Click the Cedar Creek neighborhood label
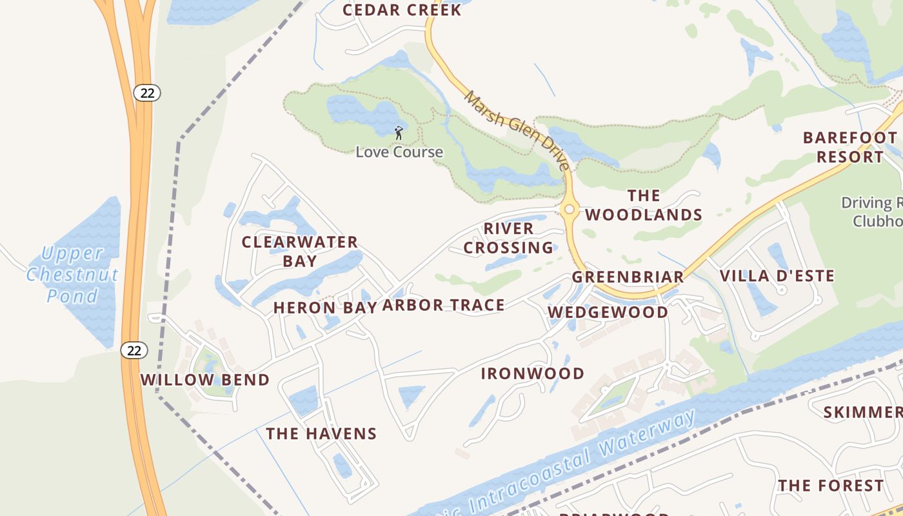pyautogui.click(x=402, y=10)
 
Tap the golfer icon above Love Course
pyautogui.click(x=399, y=134)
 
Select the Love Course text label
pyautogui.click(x=399, y=152)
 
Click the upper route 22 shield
pyautogui.click(x=147, y=93)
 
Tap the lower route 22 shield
pyautogui.click(x=134, y=350)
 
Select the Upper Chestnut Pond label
pyautogui.click(x=72, y=274)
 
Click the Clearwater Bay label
pyautogui.click(x=300, y=251)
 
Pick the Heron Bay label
pyautogui.click(x=324, y=308)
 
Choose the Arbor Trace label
pyautogui.click(x=443, y=305)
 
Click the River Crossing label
pyautogui.click(x=508, y=238)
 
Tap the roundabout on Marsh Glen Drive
pyautogui.click(x=569, y=209)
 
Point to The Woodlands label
pyautogui.click(x=644, y=205)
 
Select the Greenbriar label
pyautogui.click(x=628, y=277)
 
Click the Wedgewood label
pyautogui.click(x=608, y=312)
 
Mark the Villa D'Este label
pyautogui.click(x=777, y=276)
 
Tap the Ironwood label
pyautogui.click(x=533, y=373)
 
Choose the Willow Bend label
pyautogui.click(x=204, y=379)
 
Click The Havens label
pyautogui.click(x=321, y=433)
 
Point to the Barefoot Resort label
pyautogui.click(x=849, y=147)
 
